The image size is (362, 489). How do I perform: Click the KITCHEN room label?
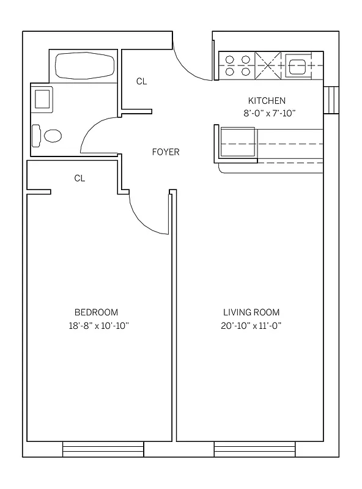pos(266,100)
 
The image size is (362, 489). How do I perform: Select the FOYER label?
pos(166,152)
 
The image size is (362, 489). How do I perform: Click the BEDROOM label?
pos(96,312)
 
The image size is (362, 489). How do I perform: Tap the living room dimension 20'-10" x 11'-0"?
pos(251,325)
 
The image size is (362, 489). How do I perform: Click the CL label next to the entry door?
pos(141,81)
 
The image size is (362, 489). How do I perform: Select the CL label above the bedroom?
pos(79,178)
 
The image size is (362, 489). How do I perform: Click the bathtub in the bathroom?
pos(82,65)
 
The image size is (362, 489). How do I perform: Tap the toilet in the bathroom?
pos(48,135)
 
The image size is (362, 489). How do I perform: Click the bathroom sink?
pos(43,98)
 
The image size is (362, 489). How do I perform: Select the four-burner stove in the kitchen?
pos(237,65)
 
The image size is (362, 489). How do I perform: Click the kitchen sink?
pos(298,65)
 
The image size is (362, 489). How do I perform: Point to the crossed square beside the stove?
pos(268,65)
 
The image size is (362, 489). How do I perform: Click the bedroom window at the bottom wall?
pos(103,450)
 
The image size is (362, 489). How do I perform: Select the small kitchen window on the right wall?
pos(331,100)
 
